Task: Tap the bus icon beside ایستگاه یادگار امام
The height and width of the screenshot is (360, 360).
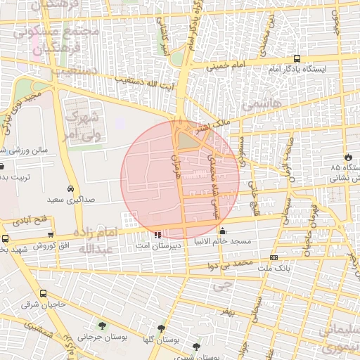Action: click(x=297, y=59)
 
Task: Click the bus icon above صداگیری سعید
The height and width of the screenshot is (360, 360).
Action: click(x=71, y=189)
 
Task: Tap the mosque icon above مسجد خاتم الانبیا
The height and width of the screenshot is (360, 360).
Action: click(x=223, y=231)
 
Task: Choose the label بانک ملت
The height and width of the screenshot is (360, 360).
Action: click(x=274, y=269)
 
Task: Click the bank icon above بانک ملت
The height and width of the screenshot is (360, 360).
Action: click(x=274, y=258)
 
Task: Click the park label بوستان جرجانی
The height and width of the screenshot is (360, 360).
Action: click(x=103, y=337)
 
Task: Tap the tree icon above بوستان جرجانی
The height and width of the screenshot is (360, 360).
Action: click(x=103, y=326)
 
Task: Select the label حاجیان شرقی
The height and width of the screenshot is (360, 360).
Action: click(x=43, y=304)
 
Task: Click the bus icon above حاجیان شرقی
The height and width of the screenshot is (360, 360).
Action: click(x=44, y=293)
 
